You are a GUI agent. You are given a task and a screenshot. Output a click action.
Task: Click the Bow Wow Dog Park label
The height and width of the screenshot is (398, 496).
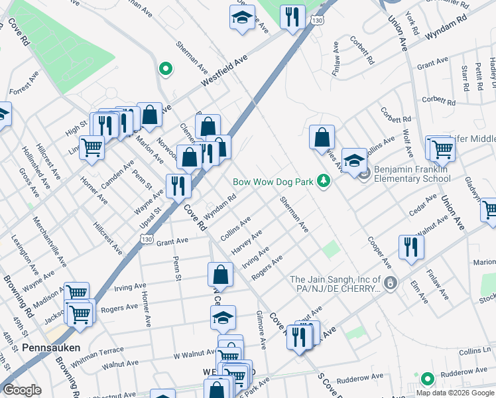coord(273,181)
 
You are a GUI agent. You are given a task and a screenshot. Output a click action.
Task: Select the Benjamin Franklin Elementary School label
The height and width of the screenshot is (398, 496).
coord(412,174)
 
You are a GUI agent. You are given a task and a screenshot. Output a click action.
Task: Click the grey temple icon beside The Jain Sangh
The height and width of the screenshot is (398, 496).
coord(391,283)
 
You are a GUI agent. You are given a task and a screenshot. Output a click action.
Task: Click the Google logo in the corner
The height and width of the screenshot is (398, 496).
coord(22,391)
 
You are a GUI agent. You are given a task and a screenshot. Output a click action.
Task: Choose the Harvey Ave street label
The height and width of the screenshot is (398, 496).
coord(247,242)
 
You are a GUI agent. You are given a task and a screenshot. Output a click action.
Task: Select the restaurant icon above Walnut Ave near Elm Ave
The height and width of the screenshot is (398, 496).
coord(410,247)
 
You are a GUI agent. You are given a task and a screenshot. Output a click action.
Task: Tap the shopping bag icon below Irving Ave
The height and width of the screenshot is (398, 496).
coord(220,274)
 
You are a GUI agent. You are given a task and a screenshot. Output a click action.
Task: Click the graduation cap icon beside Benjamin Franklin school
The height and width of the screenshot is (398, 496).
coord(354,159)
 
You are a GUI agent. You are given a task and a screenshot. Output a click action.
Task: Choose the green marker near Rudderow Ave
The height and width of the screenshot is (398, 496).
coord(428,379)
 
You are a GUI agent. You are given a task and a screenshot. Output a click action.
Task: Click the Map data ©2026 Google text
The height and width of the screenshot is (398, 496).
coord(456,392)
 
